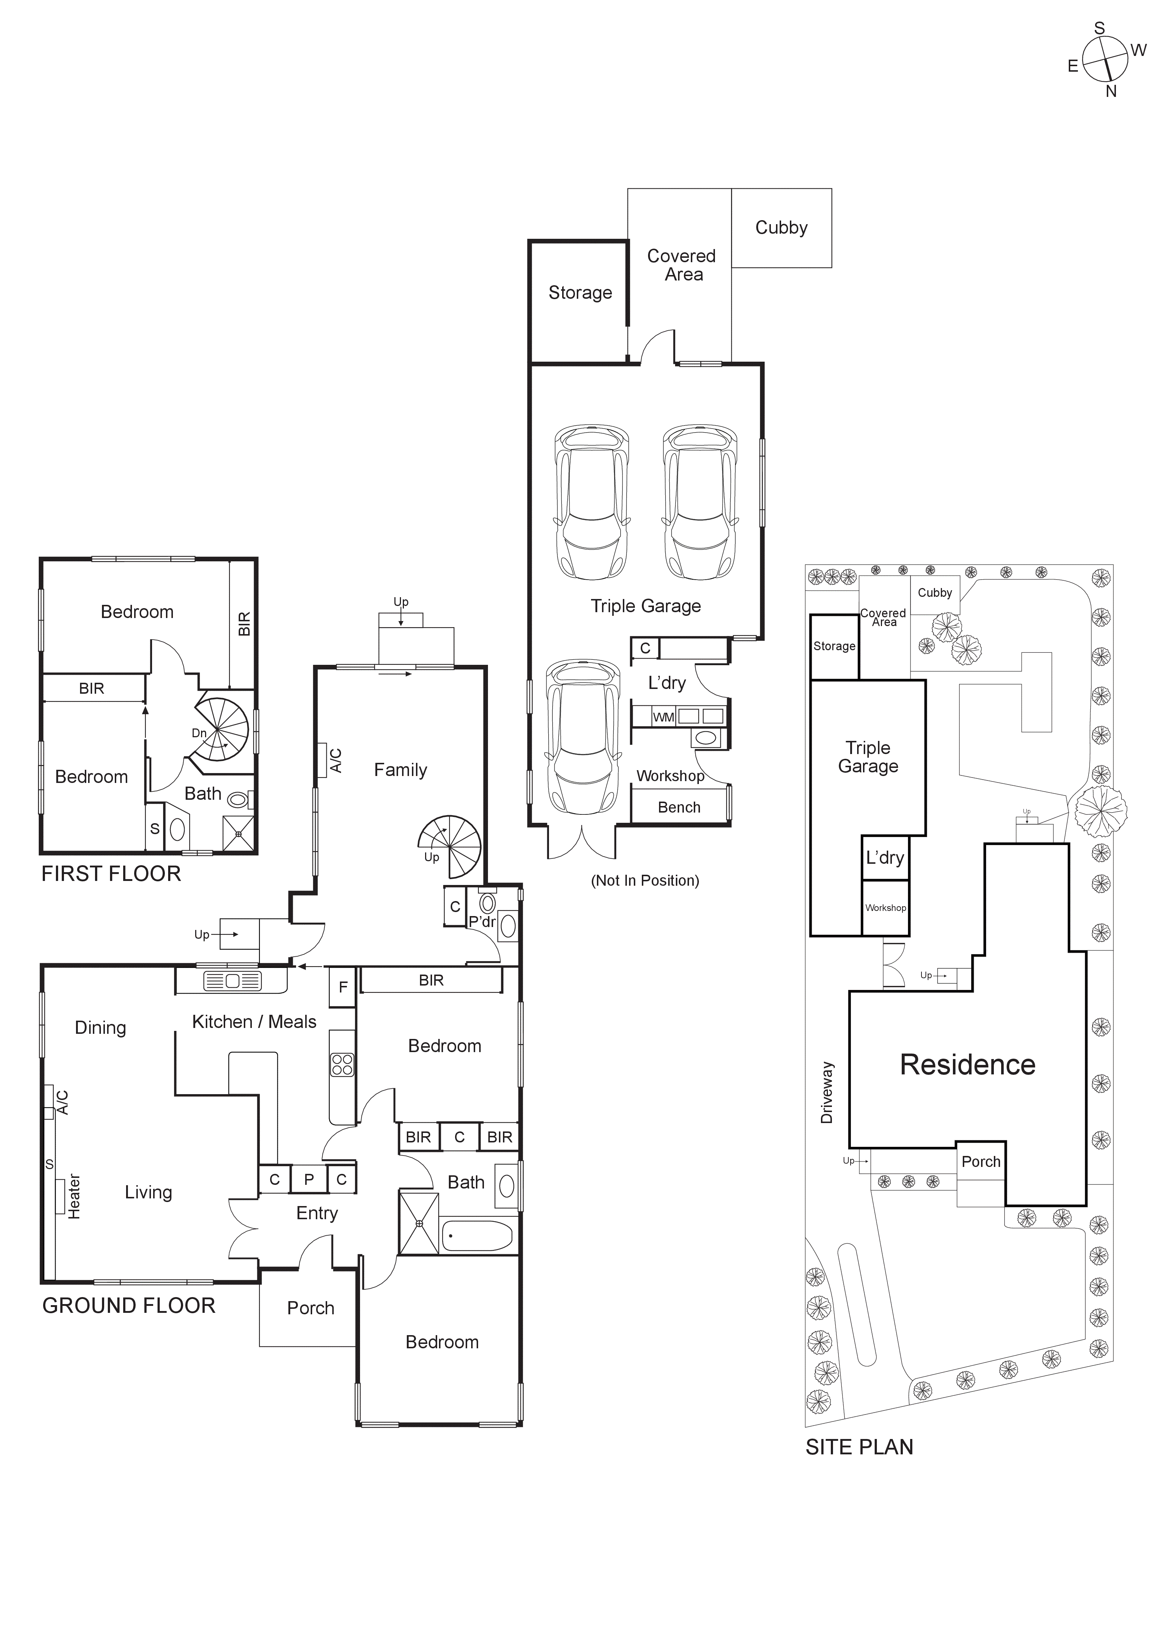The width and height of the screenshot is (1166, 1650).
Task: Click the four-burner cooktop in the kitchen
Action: coord(342,1064)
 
